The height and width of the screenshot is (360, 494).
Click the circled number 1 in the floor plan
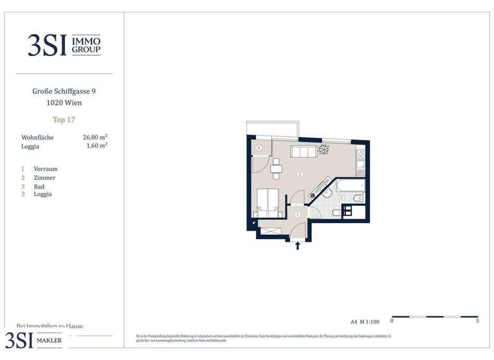click(297, 214)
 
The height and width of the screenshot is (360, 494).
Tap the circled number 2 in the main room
click(300, 174)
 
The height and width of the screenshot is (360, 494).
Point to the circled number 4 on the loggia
click(259, 148)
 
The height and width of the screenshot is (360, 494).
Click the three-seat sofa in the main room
click(303, 152)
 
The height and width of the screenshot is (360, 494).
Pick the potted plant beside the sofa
click(324, 150)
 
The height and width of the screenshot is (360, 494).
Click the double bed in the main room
click(268, 201)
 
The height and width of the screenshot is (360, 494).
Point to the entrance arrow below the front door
click(297, 245)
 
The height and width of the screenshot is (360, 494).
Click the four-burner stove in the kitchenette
click(361, 154)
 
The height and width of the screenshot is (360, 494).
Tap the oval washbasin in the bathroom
click(327, 192)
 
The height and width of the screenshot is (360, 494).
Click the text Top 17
click(64, 120)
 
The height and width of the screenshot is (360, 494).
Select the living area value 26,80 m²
click(95, 137)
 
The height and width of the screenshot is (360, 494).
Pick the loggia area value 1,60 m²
click(96, 146)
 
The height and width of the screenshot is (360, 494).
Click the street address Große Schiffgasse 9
click(64, 91)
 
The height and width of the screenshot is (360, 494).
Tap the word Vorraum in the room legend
click(46, 169)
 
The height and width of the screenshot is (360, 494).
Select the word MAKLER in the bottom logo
click(48, 341)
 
